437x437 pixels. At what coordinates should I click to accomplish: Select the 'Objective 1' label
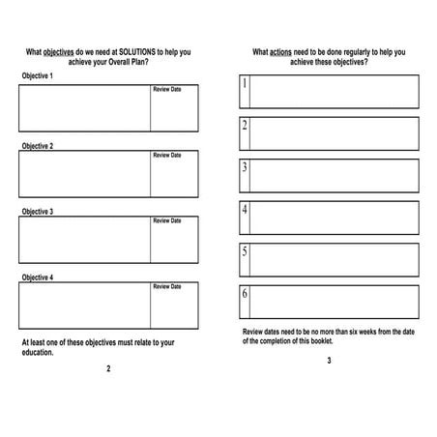click(38, 75)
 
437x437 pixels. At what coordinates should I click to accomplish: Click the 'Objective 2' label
click(38, 146)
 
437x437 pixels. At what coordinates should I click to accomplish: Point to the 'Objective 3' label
click(38, 211)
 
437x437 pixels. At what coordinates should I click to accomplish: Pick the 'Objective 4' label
click(38, 277)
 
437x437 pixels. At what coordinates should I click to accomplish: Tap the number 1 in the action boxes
click(245, 83)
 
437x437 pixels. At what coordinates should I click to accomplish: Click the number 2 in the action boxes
click(245, 126)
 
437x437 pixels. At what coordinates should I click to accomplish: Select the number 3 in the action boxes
click(245, 167)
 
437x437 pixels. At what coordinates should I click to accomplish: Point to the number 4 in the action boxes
click(245, 210)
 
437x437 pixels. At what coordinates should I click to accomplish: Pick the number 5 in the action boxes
click(245, 252)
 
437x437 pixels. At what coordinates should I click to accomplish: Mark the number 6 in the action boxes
click(245, 294)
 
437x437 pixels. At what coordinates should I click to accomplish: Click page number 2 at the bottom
click(108, 368)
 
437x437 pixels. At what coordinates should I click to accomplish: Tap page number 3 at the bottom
click(328, 361)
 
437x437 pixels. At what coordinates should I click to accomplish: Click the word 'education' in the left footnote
click(37, 352)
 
